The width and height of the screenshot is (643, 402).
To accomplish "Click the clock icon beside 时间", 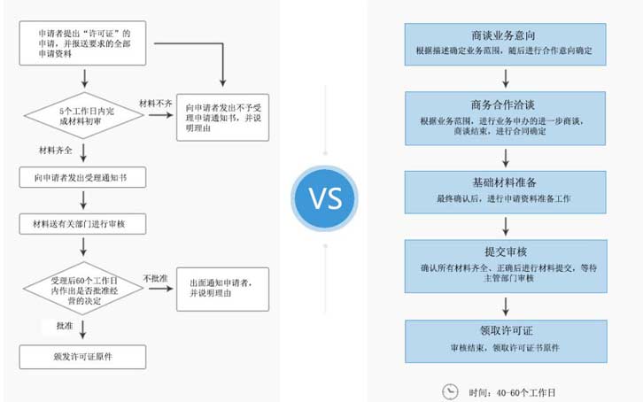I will (x=450, y=390).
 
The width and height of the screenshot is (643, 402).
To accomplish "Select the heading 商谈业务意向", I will (x=504, y=35).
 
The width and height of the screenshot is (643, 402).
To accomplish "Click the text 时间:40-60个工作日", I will (x=517, y=391).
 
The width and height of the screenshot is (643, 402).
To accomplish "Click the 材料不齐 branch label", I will (x=156, y=104).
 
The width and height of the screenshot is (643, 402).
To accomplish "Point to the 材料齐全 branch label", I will (x=54, y=150).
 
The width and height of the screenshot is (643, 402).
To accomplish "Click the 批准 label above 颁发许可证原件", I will (x=64, y=327).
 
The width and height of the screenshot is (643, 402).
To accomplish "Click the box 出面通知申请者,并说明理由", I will (x=222, y=289).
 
